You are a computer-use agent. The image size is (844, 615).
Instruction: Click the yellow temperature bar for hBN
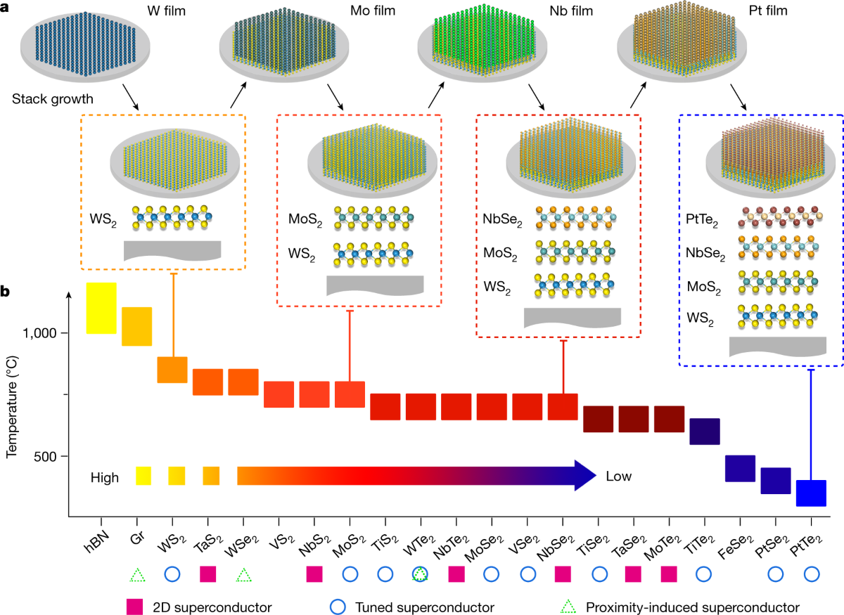click(x=101, y=308)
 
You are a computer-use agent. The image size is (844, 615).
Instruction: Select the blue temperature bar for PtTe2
click(x=811, y=493)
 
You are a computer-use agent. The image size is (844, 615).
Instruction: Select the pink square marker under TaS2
click(x=208, y=574)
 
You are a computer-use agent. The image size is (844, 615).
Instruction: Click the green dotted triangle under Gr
click(x=136, y=574)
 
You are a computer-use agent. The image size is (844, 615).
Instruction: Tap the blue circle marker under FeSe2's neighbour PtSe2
click(x=776, y=574)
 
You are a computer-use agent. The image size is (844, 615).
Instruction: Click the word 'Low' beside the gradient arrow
click(x=619, y=477)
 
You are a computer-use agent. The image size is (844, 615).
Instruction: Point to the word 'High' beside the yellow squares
click(x=104, y=478)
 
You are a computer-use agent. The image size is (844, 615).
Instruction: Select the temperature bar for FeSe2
click(x=740, y=469)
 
